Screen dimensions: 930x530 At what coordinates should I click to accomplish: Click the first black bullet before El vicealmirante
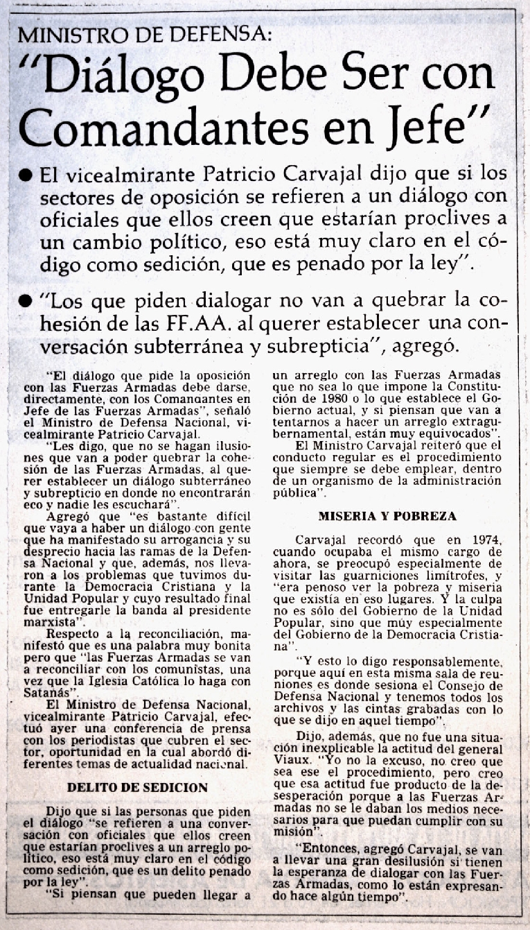(x=26, y=176)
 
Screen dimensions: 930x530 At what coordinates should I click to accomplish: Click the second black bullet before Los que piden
(x=26, y=301)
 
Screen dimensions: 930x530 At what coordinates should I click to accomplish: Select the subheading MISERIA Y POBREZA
(x=387, y=517)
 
